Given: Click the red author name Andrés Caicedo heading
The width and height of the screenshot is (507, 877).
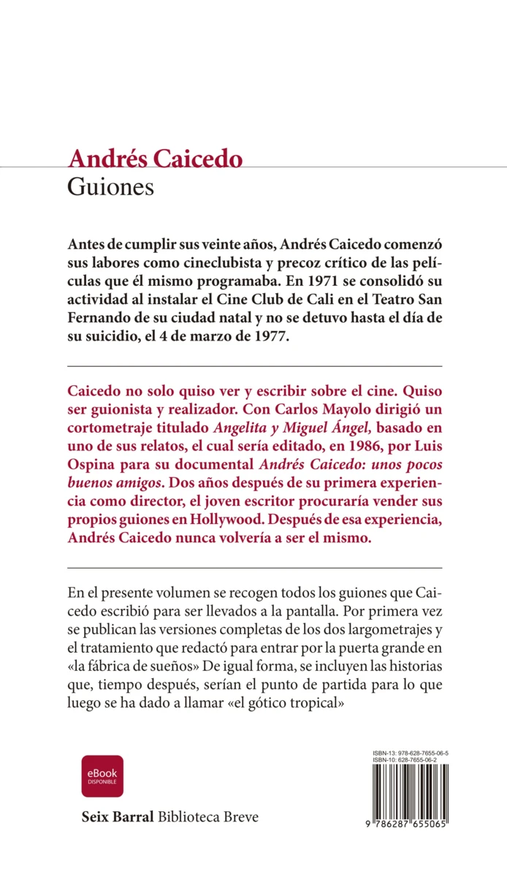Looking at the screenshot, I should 155,159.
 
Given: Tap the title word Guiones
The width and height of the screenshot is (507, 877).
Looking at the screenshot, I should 110,187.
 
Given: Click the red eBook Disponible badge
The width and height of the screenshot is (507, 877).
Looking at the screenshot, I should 102,776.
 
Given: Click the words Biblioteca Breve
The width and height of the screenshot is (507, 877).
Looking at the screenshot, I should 208,816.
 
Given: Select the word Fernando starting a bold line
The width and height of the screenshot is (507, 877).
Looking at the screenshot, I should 99,319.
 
